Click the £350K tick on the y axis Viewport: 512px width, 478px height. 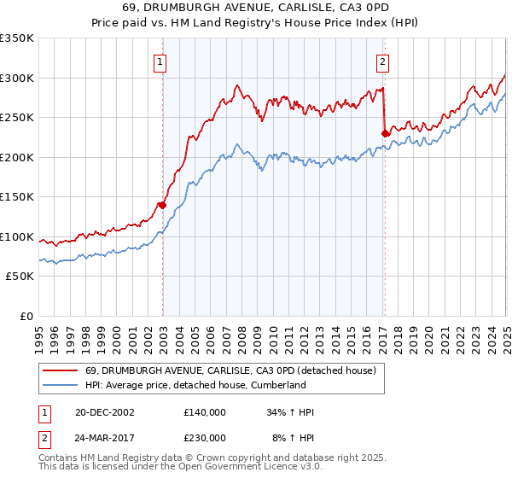tap(17, 38)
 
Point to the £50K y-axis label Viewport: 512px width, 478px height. tap(20, 277)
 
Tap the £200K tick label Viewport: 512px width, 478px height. tap(17, 157)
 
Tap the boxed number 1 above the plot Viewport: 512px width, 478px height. tap(160, 61)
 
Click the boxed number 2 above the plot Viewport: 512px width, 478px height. tap(382, 61)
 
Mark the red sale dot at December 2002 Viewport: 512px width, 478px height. tap(162, 205)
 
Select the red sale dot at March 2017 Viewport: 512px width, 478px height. tap(385, 133)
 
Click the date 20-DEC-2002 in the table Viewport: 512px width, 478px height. tap(103, 412)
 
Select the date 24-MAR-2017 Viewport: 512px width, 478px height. tap(104, 437)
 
